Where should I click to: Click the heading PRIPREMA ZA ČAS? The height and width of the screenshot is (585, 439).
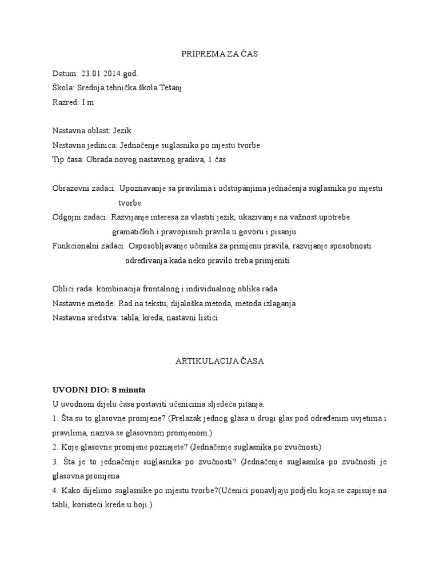click(x=219, y=54)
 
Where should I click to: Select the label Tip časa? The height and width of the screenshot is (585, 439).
click(x=67, y=159)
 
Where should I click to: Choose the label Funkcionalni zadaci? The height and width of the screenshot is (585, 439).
click(x=89, y=246)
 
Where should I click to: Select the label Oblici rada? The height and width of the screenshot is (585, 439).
click(x=73, y=289)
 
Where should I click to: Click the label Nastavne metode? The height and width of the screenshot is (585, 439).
click(x=83, y=303)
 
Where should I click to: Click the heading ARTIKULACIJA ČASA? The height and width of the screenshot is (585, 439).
click(x=219, y=362)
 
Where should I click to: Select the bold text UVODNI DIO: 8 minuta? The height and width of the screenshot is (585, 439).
click(x=99, y=390)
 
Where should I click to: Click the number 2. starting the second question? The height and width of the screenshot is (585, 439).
click(x=55, y=447)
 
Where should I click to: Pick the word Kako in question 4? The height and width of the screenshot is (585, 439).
click(x=69, y=491)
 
